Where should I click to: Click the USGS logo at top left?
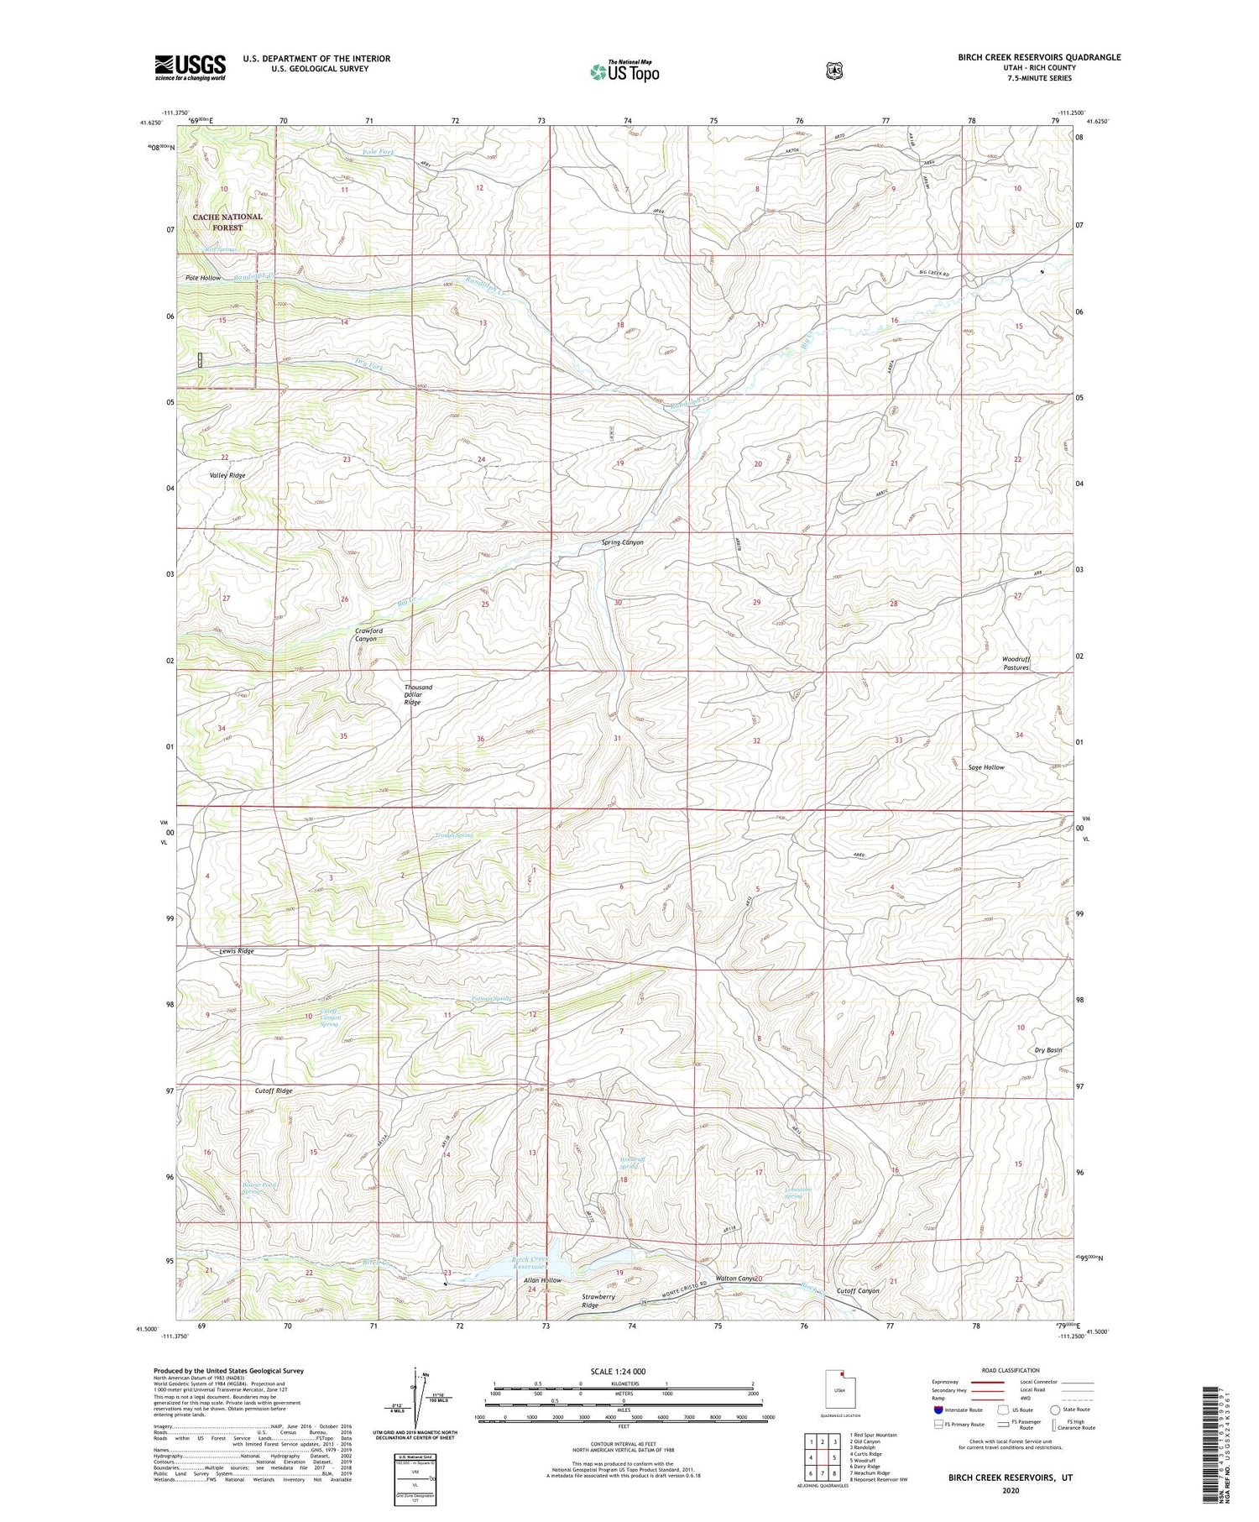(x=190, y=67)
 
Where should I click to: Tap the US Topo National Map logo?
(x=624, y=71)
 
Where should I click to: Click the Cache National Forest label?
(x=227, y=222)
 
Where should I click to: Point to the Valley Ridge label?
(x=227, y=475)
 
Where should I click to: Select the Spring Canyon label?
(x=622, y=542)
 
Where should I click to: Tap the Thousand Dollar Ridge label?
(x=417, y=694)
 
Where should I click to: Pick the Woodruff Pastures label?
(x=1016, y=663)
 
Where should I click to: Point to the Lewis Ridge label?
(x=236, y=951)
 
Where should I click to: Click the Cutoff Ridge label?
(x=274, y=1091)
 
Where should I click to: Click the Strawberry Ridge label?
(x=599, y=1301)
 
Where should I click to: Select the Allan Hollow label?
(x=542, y=1280)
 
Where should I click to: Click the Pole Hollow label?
(x=203, y=277)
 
